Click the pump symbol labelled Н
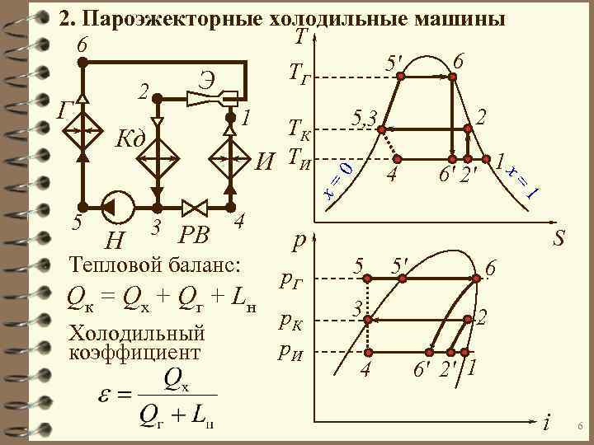115,206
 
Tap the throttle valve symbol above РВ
196,206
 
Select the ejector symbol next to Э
212,98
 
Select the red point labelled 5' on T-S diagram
401,76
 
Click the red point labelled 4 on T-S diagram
398,158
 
